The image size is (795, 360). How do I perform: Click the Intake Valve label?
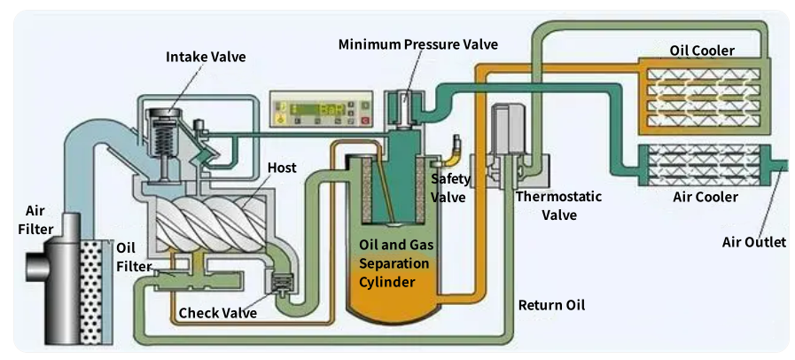tap(206, 57)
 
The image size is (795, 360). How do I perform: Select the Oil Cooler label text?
tap(701, 51)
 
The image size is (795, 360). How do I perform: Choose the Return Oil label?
tap(551, 306)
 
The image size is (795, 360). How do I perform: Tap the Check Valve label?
tap(218, 312)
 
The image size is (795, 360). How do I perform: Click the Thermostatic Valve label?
tap(546, 205)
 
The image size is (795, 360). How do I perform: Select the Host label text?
tap(282, 168)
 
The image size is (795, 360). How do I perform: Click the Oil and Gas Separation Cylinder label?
tap(394, 263)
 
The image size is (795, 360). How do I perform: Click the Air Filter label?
tap(38, 220)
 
